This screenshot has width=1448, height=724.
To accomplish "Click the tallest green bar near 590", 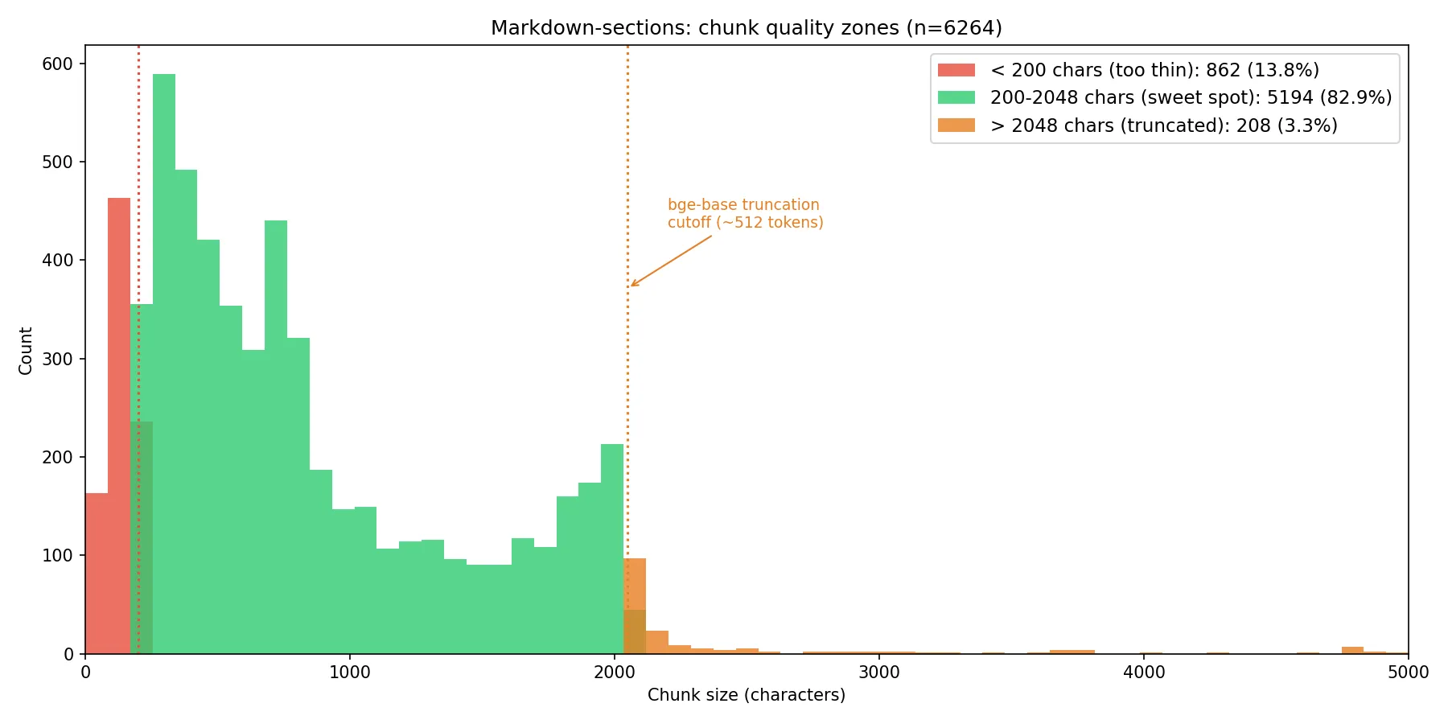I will click(x=164, y=362).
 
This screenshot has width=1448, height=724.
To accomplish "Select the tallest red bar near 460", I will click(x=119, y=426).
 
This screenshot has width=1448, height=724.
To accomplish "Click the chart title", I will click(x=746, y=28).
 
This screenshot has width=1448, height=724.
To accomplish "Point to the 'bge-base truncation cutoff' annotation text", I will click(x=745, y=214).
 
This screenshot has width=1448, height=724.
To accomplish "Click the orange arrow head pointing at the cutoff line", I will click(x=632, y=285).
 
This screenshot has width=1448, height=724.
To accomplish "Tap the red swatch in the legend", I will click(x=956, y=70).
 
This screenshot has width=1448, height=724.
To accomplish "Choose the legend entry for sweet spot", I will click(x=1190, y=97).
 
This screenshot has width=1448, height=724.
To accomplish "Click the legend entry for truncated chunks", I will click(x=1163, y=125).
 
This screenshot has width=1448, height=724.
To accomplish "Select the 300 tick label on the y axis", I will click(x=57, y=359).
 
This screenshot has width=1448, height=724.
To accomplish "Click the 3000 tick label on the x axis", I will click(x=878, y=673).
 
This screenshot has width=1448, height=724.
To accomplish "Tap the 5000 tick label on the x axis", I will click(x=1407, y=673).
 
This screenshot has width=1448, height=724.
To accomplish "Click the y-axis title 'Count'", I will click(x=26, y=350).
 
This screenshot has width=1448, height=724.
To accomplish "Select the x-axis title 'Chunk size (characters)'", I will click(x=746, y=695).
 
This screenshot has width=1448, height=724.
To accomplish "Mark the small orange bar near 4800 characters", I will click(x=1352, y=650).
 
